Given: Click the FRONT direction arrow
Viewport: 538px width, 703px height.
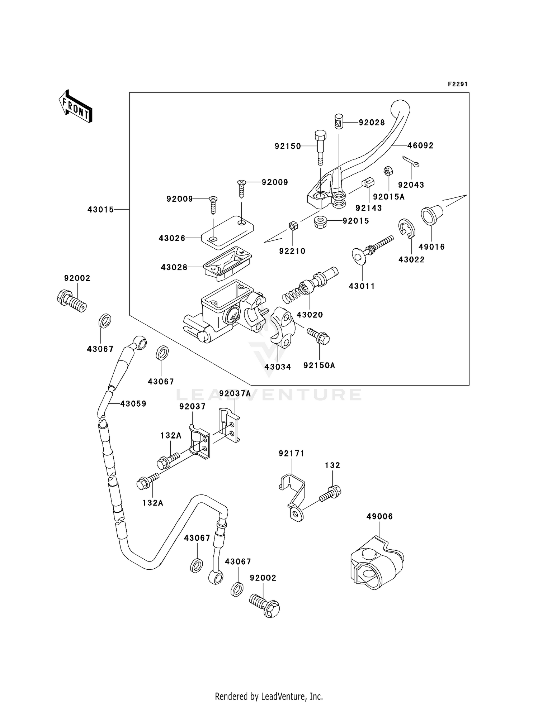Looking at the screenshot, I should coord(76,106).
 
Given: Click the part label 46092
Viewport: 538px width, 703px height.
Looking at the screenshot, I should coord(420,145).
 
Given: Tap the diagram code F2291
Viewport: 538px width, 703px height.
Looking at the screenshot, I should coord(458,84).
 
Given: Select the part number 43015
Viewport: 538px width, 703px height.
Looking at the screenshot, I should coord(100,210).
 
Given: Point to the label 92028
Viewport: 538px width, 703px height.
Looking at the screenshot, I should coord(372,123).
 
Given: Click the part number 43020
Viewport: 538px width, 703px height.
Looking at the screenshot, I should coord(310,315).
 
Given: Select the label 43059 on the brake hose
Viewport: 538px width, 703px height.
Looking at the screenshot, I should coord(133,404).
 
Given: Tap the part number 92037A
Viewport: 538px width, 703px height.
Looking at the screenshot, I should coord(235,393).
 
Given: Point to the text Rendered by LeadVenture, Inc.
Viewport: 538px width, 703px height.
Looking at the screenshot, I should coord(269,697).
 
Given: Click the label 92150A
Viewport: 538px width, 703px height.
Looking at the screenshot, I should coord(319,365).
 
